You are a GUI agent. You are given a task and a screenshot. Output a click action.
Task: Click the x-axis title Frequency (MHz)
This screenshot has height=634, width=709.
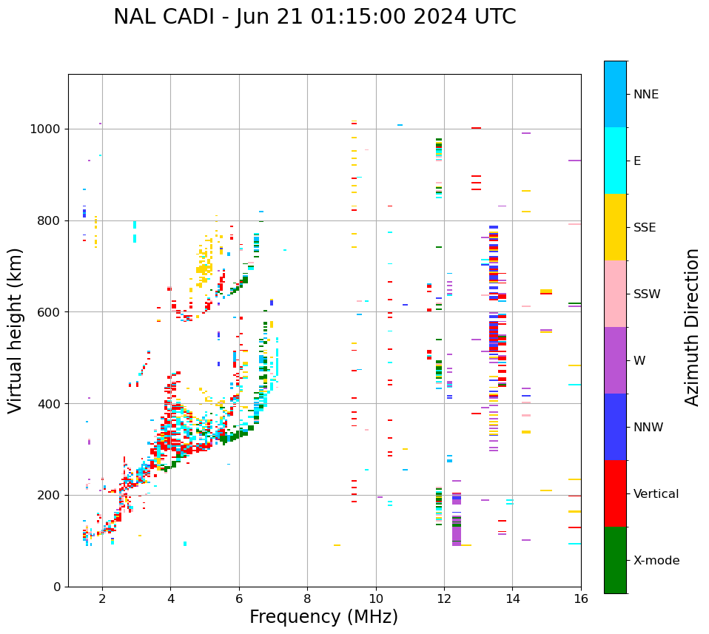coord(323,617)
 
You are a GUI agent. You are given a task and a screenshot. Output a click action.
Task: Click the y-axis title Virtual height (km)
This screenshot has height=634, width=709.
coord(16,331)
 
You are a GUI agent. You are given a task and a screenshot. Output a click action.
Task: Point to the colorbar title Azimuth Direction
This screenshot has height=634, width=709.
coord(692,327)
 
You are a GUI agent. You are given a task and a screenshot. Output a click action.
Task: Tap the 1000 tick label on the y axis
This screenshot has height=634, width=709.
coord(46,129)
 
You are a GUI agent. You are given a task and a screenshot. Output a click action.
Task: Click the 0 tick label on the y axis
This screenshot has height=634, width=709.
coord(57,587)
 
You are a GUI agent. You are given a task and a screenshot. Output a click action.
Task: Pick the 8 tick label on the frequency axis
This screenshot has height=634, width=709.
coord(307,598)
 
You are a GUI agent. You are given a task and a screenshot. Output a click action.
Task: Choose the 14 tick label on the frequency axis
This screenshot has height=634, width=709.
coord(512,598)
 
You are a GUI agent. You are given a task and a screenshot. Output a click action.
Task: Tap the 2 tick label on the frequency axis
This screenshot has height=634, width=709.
coord(102,598)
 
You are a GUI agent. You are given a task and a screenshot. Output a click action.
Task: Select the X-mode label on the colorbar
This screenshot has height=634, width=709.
coord(656,561)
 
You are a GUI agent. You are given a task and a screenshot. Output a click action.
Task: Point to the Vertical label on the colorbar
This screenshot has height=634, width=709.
coord(656,494)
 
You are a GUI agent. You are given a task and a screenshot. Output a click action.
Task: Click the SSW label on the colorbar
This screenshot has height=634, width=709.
coord(647,294)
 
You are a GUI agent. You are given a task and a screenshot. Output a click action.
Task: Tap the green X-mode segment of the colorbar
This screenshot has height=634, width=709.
coord(615,560)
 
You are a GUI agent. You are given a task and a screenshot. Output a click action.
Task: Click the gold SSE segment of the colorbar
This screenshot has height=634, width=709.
coord(615,227)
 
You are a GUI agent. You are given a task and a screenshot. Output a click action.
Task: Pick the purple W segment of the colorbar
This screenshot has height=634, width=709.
coord(615,360)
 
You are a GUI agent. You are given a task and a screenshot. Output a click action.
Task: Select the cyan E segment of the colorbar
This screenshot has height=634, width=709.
coord(615,161)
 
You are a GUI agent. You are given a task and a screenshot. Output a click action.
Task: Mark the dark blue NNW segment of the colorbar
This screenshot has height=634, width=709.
coord(615,427)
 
